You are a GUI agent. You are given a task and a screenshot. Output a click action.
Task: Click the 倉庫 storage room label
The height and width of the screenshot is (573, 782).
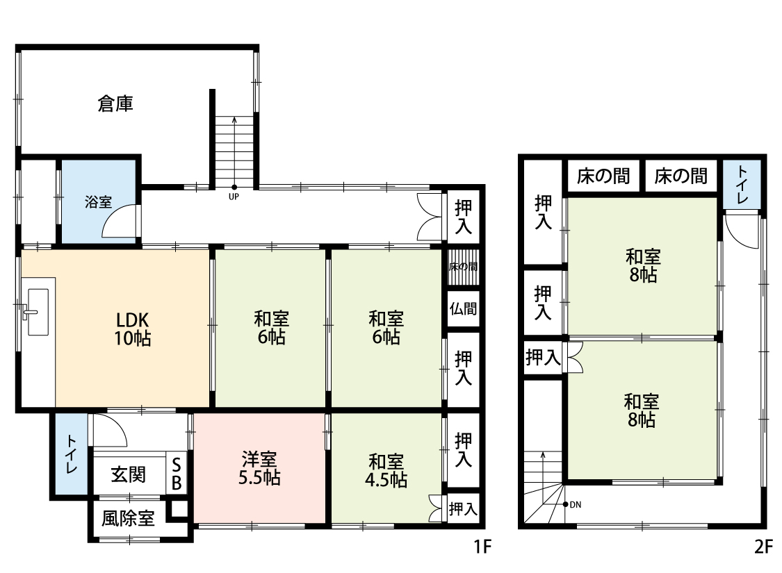click(x=115, y=103)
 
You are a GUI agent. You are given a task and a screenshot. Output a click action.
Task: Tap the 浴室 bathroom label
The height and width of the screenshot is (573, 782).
click(x=98, y=202)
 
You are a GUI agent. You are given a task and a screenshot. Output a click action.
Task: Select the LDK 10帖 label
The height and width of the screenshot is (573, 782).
click(x=133, y=329)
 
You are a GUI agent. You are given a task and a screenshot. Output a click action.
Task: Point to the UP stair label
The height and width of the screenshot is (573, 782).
click(x=234, y=197)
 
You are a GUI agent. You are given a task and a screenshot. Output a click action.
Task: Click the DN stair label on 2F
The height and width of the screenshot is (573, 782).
click(x=576, y=505)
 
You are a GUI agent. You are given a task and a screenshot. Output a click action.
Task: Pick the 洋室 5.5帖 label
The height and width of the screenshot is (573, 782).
click(x=259, y=468)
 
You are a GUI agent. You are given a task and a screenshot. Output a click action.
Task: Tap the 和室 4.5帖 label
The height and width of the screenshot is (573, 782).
click(x=386, y=470)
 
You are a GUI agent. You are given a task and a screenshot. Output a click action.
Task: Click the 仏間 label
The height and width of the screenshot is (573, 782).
click(x=464, y=309)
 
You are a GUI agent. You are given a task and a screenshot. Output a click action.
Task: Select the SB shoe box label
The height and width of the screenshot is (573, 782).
click(x=177, y=474)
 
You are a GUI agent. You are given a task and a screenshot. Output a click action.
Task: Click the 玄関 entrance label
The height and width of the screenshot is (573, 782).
click(x=128, y=474)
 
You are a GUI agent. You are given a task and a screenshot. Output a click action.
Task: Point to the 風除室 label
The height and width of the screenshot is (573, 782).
click(x=128, y=519)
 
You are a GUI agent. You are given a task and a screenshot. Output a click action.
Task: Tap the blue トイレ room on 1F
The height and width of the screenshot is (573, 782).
click(x=71, y=454)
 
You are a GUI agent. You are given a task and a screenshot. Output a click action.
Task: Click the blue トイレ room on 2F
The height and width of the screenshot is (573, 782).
click(x=742, y=184)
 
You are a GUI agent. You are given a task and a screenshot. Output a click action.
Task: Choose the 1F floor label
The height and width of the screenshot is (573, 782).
click(x=483, y=547)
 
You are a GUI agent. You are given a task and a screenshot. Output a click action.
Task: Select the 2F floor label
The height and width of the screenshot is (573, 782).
click(x=763, y=547)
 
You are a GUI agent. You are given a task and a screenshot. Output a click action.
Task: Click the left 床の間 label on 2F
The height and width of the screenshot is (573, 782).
click(x=603, y=176)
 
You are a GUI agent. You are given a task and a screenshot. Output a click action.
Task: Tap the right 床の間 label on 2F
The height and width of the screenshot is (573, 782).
click(x=681, y=176)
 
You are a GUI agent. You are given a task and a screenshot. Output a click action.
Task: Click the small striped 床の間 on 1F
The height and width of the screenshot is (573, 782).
click(x=464, y=267)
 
